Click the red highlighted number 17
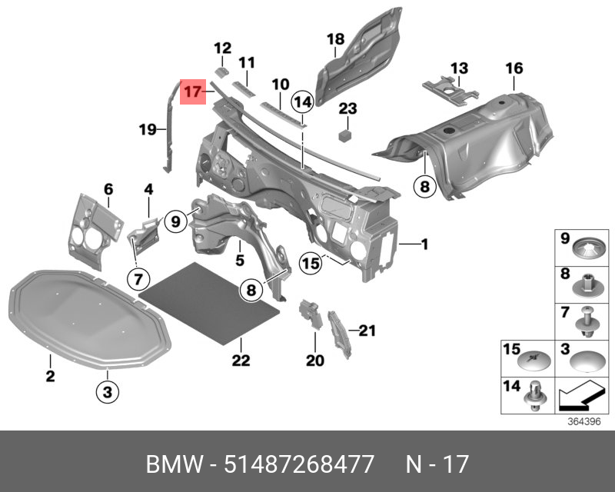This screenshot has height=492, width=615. pyautogui.click(x=192, y=91)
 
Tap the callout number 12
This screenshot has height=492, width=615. pyautogui.click(x=222, y=47)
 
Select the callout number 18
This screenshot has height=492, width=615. pyautogui.click(x=335, y=39)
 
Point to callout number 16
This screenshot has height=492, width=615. pyautogui.click(x=514, y=69)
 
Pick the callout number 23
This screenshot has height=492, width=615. pyautogui.click(x=348, y=108)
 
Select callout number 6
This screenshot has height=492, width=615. pyautogui.click(x=108, y=188)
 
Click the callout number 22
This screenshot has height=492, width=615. pyautogui.click(x=241, y=359)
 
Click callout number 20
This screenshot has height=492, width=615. pyautogui.click(x=315, y=359)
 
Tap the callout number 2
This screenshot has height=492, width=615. pyautogui.click(x=49, y=376)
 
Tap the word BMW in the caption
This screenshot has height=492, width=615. pyautogui.click(x=171, y=465)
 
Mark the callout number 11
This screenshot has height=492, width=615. pyautogui.click(x=246, y=62)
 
